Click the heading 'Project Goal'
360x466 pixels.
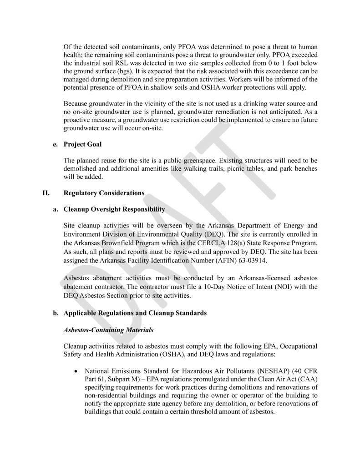82,144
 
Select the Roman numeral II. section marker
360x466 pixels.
46,193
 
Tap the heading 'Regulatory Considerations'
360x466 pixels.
104,193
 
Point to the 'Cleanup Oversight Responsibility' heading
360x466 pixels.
114,209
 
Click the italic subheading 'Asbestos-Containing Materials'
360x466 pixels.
108,330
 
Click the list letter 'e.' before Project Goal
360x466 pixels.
56,144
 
